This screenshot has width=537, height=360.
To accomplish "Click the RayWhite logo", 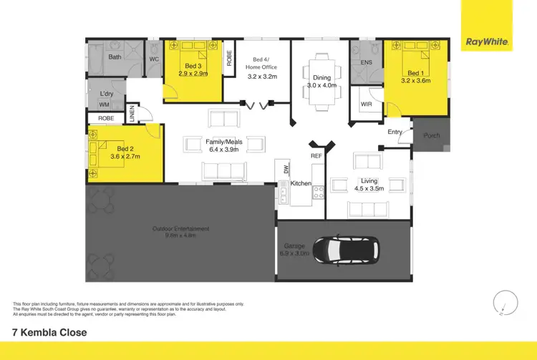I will point(487,42).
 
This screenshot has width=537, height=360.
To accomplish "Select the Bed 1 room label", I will point(415,73).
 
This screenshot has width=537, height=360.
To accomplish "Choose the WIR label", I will point(367,104).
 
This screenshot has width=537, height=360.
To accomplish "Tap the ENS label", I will point(366,63).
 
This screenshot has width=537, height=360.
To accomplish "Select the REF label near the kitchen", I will point(316,155).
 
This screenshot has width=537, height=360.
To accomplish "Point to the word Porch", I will point(432,136).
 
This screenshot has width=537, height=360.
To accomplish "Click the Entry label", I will point(395,132).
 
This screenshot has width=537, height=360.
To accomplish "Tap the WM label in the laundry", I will point(105,104).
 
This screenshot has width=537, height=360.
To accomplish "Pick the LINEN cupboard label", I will point(132,114).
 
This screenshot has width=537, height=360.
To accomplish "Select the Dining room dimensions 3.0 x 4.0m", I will point(321,85).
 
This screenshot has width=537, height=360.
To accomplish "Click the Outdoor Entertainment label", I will point(180,228).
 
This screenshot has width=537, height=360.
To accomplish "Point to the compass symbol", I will point(504,302).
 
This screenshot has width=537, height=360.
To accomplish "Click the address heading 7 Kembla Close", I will point(50,332).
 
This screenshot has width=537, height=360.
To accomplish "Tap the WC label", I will point(154,59).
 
